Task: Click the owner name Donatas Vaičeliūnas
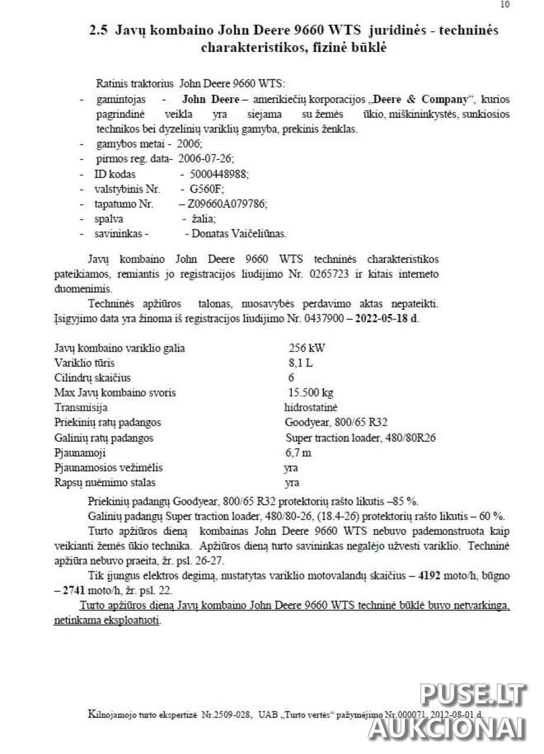coord(236,234)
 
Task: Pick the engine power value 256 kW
coord(306,348)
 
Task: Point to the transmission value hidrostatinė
coord(311,407)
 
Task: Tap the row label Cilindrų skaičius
coord(93,378)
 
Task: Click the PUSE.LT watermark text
coord(472,696)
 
